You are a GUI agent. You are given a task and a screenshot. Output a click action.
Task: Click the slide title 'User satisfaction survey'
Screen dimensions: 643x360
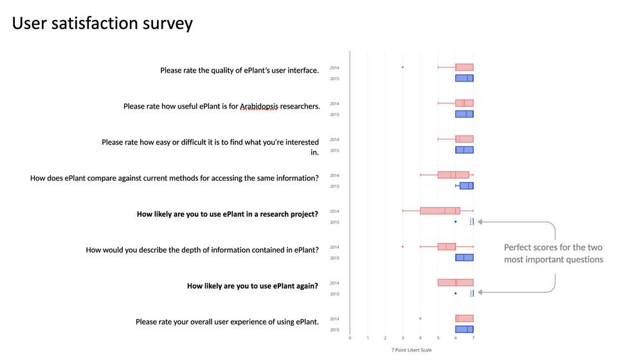102,23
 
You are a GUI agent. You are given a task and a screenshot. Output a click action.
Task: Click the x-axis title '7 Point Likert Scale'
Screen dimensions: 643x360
412,350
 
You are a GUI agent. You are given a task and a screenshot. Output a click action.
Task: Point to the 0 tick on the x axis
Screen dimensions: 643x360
350,338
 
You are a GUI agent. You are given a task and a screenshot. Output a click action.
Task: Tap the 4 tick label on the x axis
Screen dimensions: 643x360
421,338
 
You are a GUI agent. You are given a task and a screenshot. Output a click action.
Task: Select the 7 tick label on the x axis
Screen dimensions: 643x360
473,338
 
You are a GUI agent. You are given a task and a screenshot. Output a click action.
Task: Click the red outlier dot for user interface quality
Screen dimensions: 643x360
403,67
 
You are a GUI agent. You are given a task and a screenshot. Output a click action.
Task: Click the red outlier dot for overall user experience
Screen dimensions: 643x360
421,319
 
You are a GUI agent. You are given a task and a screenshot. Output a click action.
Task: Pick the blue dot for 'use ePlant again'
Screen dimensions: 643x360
456,294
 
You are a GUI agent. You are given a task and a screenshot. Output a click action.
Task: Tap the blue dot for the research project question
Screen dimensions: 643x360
456,222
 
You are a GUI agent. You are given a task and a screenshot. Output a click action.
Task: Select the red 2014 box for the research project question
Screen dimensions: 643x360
440,211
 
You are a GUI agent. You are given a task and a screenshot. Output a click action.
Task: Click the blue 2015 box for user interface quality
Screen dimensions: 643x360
464,78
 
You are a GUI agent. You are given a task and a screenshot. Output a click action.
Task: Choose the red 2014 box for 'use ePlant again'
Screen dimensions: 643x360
456,282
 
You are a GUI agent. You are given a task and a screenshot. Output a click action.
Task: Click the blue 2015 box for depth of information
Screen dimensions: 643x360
464,258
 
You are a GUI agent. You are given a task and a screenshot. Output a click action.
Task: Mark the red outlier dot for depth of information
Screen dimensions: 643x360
403,247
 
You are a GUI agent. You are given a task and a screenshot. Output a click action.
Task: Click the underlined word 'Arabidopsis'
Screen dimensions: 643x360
258,107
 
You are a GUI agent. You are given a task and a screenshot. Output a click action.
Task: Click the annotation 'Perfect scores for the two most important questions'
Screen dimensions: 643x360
554,253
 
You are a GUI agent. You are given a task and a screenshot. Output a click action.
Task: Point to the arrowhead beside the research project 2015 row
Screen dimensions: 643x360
480,222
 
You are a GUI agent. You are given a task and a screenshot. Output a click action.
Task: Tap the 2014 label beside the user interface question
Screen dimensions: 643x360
334,68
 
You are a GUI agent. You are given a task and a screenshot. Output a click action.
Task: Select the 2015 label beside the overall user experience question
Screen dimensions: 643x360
334,330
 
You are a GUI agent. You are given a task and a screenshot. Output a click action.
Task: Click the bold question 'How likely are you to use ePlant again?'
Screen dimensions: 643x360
253,286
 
